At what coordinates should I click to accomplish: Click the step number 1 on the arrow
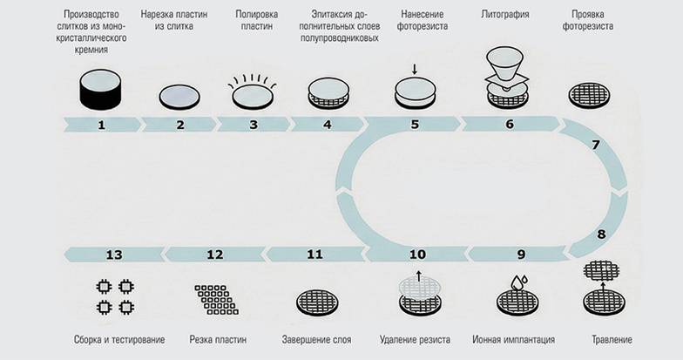point(101,125)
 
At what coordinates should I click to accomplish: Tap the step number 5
point(416,125)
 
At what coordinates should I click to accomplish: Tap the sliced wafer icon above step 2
point(180,96)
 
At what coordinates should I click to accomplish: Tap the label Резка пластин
point(218,338)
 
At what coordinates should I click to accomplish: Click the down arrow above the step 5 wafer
point(416,69)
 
